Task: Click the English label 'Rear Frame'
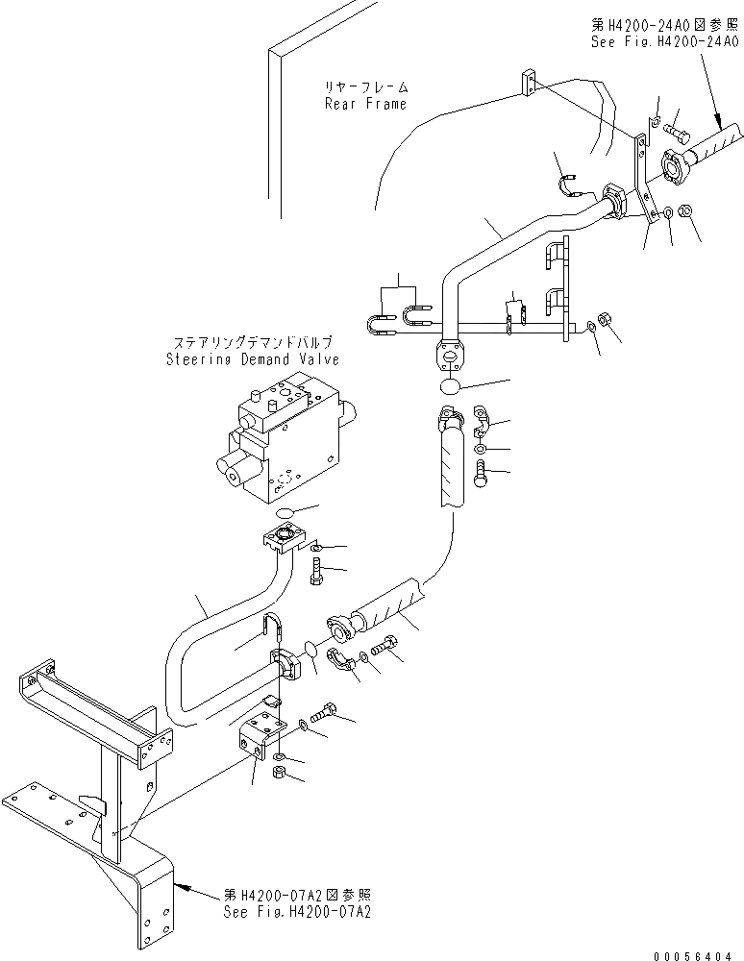coord(365,104)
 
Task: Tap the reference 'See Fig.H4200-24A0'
coord(663,41)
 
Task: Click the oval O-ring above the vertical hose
coord(451,386)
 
